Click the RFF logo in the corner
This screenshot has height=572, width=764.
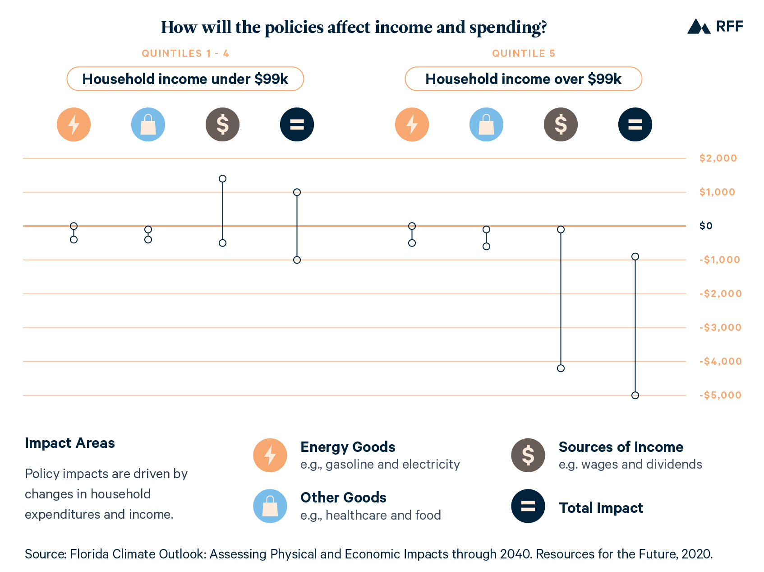(x=715, y=26)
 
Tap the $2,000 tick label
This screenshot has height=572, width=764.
(x=718, y=158)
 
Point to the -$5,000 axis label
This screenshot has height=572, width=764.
(x=720, y=395)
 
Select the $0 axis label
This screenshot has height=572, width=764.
(x=706, y=226)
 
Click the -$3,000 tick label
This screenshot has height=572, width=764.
(x=720, y=327)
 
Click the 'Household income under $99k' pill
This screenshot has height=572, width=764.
(x=185, y=79)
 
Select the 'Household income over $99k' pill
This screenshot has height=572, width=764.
(x=523, y=79)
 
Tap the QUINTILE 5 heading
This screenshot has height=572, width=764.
(x=524, y=53)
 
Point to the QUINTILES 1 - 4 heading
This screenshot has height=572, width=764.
(x=185, y=53)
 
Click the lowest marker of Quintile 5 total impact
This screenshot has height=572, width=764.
(x=635, y=395)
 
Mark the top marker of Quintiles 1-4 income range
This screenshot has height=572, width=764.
(x=222, y=179)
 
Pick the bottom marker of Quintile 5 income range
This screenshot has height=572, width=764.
(x=561, y=368)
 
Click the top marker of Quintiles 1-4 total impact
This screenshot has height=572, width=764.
(x=297, y=192)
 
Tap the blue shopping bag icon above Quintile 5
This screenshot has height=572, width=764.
(x=486, y=125)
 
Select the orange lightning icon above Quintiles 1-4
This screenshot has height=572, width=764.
(x=74, y=125)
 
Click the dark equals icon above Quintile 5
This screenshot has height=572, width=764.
(x=635, y=125)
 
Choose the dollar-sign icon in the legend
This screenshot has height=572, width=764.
(x=528, y=455)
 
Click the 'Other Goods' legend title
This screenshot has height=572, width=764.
(x=343, y=498)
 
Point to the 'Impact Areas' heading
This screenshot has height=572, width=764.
(x=70, y=443)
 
